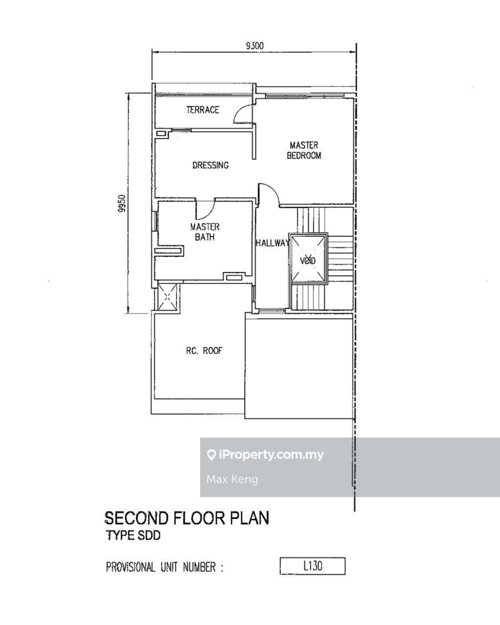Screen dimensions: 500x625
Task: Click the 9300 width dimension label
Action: pos(254,46)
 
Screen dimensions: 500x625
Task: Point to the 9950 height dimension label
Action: pos(122,203)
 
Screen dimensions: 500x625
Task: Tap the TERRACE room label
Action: pos(203,110)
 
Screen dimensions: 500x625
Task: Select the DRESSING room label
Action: pos(210,165)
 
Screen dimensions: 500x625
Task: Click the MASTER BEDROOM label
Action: pos(304,150)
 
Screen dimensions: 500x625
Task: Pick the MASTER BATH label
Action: pos(205,232)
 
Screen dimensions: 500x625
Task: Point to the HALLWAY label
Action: pos(272,243)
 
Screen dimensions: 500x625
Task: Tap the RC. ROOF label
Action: pos(204,351)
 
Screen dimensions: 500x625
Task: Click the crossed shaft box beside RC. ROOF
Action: pos(167,296)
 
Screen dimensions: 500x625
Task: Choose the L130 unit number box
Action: pos(312,566)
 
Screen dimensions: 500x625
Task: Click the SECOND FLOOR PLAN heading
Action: pos(187,518)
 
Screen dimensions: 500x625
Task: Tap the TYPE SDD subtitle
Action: pos(134,535)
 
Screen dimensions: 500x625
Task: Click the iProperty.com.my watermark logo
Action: pos(265,454)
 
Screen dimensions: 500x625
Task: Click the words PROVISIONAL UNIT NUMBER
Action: pos(161,566)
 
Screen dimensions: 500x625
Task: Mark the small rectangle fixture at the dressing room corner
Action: pos(161,134)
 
